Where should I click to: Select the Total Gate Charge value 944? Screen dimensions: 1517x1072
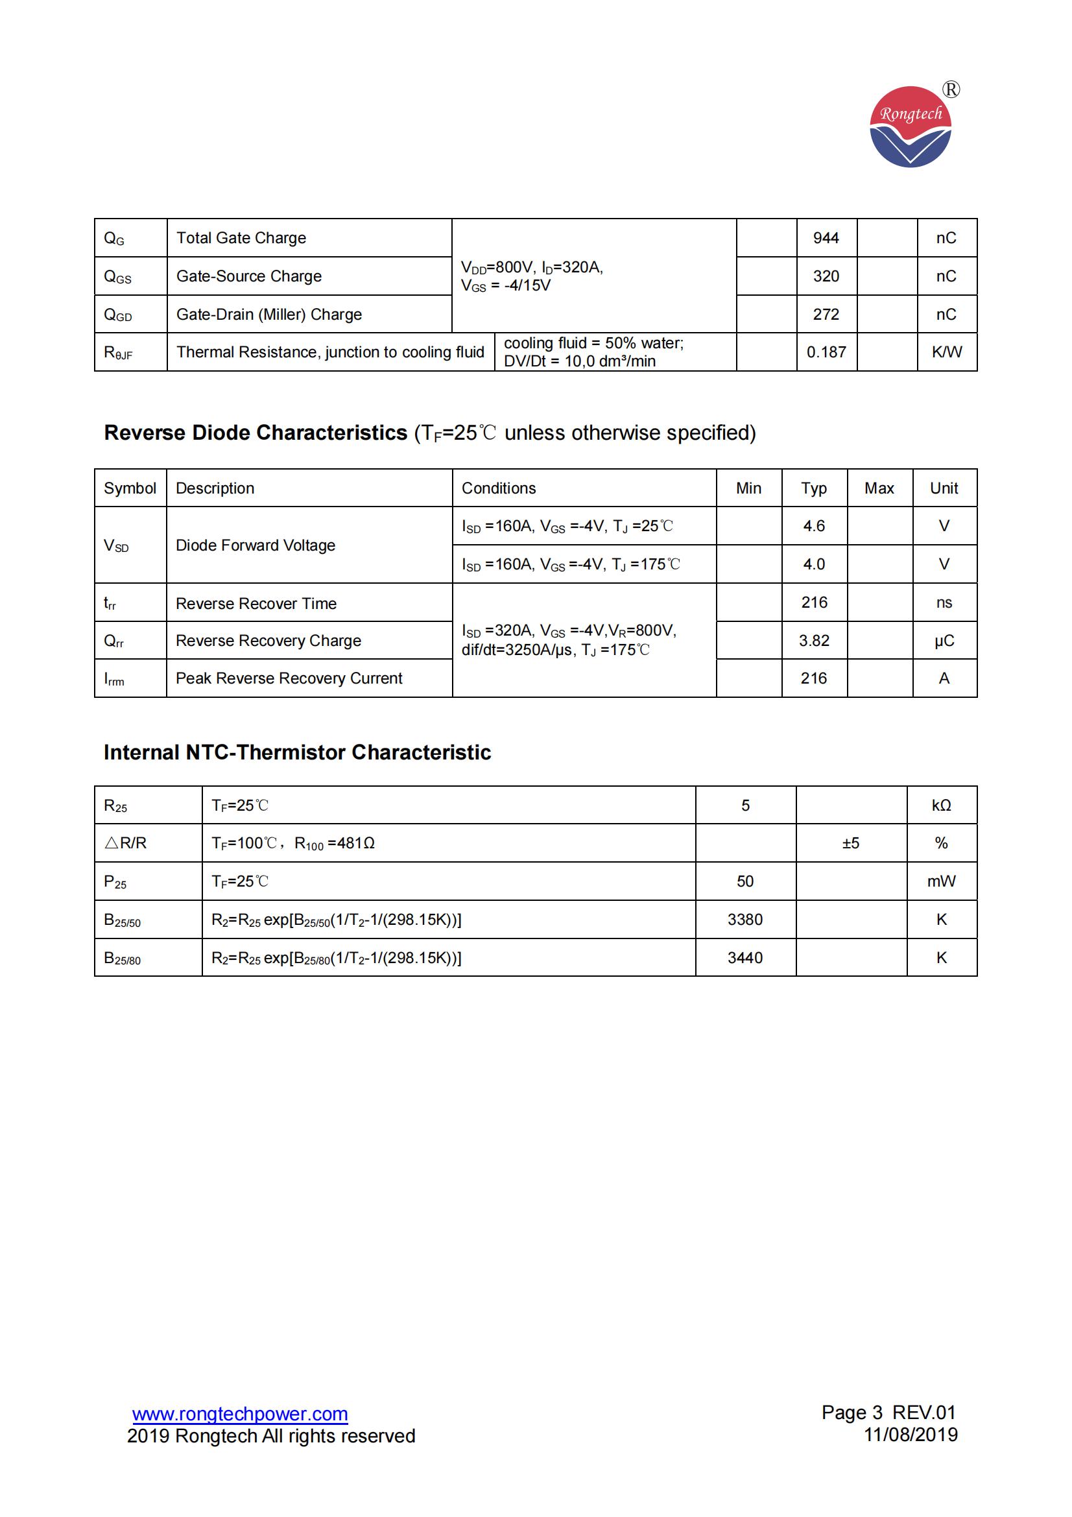click(826, 238)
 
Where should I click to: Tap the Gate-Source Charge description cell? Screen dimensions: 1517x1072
click(249, 276)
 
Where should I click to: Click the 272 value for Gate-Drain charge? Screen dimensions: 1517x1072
click(826, 315)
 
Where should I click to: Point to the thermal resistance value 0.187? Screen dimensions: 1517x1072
click(826, 352)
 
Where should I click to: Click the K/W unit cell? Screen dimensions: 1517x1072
click(946, 352)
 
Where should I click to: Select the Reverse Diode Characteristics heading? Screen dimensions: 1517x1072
click(429, 433)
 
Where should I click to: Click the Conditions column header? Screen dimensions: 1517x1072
click(499, 488)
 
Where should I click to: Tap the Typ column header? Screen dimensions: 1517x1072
click(814, 488)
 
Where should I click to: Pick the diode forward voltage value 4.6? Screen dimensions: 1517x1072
click(814, 526)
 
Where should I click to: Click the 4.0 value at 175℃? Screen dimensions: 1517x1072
click(814, 564)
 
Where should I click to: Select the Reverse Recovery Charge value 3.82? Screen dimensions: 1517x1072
click(814, 640)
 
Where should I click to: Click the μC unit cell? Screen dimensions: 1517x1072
click(944, 640)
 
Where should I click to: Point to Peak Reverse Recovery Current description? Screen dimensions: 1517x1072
click(289, 678)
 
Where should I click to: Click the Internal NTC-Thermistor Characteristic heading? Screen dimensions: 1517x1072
click(297, 752)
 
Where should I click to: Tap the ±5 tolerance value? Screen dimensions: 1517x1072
click(851, 843)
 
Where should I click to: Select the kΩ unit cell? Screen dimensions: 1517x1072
click(941, 806)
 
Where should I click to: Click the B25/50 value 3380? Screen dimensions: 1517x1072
click(745, 920)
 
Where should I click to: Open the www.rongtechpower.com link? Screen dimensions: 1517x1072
click(240, 1414)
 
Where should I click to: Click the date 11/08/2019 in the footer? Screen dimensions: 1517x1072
click(910, 1435)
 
